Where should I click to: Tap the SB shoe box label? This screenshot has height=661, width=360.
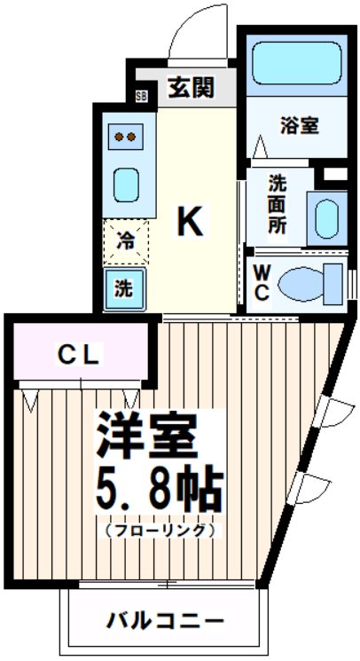point(141,97)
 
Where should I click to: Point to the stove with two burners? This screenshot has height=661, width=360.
point(125,138)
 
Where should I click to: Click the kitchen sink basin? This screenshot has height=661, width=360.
point(126,185)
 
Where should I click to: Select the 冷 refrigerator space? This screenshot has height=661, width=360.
point(126,240)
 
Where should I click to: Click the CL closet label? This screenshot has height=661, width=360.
point(81,354)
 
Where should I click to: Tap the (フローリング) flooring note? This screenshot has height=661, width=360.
point(160,531)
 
